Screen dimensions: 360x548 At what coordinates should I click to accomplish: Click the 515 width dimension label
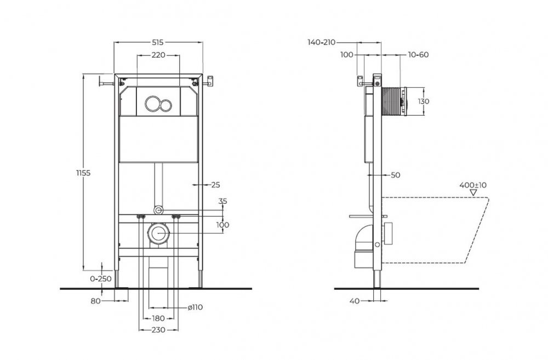coord(158,42)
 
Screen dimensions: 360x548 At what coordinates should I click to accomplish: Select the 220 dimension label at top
coord(158,55)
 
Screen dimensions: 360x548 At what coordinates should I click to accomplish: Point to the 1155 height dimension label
coord(82,173)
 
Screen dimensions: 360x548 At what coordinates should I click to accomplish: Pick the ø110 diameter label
coord(196,307)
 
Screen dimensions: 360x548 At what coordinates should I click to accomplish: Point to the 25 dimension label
coord(215,185)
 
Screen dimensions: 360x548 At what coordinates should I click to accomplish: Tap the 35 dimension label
coord(222,201)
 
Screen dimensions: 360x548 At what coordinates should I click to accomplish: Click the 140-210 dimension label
coord(322,42)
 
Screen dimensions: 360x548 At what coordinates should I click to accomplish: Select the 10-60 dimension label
coord(418,55)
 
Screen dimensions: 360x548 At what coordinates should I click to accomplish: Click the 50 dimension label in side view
coord(396,175)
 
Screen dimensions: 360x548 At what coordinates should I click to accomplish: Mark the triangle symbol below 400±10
coord(482,192)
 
